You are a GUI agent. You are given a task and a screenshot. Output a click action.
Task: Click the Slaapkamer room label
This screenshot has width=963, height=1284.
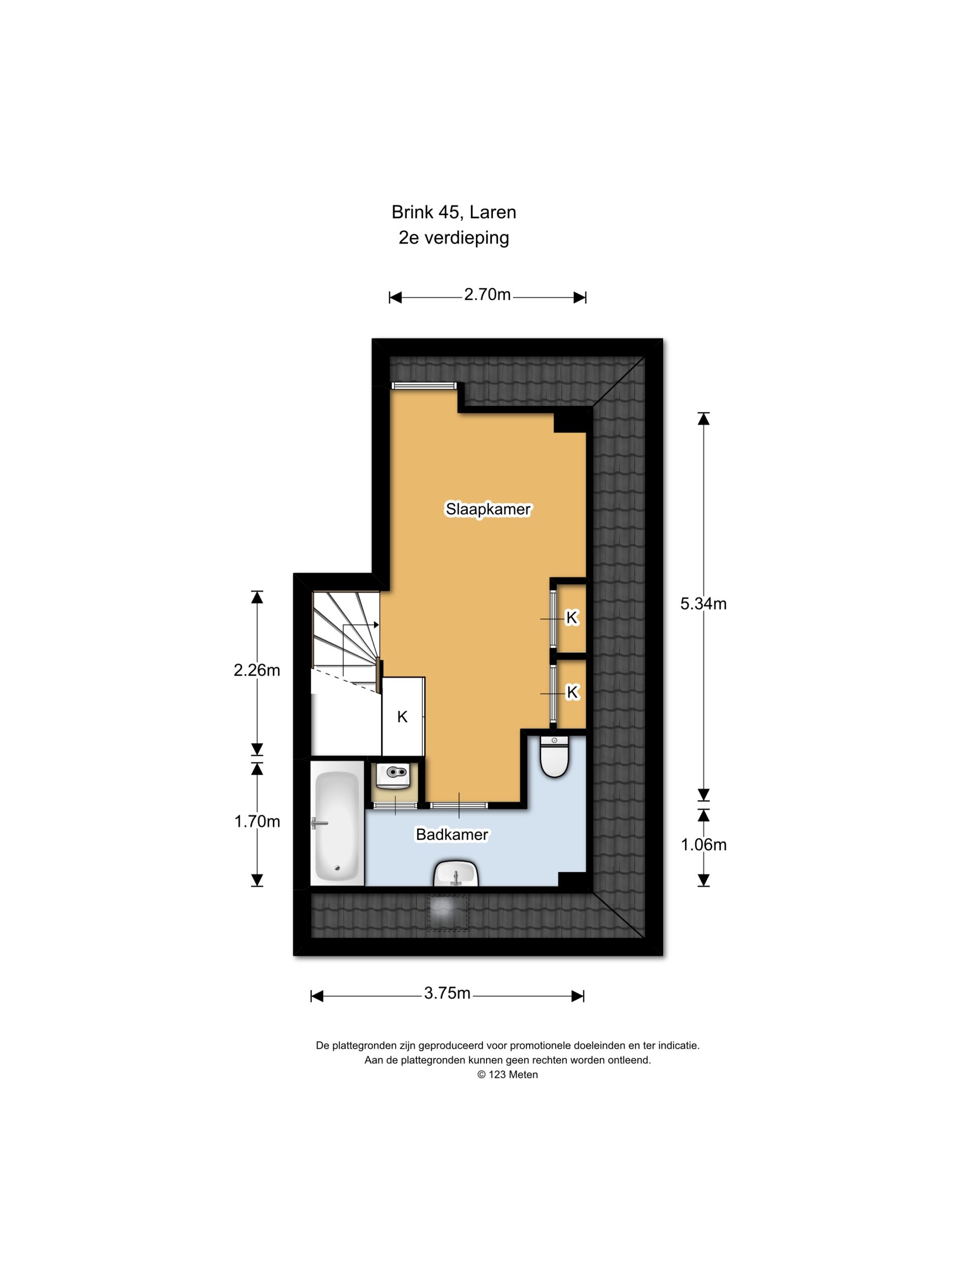(x=488, y=509)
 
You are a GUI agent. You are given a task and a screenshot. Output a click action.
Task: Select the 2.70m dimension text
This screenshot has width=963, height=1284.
(x=487, y=295)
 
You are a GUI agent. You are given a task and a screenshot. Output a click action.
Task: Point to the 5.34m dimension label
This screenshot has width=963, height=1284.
(x=703, y=604)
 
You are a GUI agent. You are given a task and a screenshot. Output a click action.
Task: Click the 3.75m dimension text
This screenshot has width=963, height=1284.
(x=446, y=993)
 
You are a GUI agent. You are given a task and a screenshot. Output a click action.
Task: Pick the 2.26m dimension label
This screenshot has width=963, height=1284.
(x=257, y=671)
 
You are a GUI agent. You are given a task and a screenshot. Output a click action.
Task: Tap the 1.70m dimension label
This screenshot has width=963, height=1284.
(x=257, y=822)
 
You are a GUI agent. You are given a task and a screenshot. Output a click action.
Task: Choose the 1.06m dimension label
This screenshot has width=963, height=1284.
(x=703, y=845)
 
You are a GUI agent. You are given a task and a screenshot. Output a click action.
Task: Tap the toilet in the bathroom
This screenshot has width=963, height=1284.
(x=554, y=756)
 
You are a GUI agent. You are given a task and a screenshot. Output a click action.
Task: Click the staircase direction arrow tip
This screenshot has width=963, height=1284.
(x=379, y=624)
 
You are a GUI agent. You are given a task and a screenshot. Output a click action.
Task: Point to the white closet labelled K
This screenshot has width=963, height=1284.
(x=403, y=717)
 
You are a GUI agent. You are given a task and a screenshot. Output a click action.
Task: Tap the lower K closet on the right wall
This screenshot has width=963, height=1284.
(x=571, y=692)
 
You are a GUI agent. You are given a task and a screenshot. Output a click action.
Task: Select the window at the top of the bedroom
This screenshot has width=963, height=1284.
(x=424, y=385)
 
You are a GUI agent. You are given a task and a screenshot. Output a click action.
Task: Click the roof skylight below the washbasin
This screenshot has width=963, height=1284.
(x=448, y=913)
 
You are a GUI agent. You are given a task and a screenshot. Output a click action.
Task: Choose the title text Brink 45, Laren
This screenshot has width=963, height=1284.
(x=453, y=213)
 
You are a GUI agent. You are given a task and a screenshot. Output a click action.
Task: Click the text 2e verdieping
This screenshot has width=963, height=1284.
(x=453, y=238)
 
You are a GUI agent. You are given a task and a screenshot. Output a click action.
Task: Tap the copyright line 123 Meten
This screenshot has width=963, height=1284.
(x=508, y=1074)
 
